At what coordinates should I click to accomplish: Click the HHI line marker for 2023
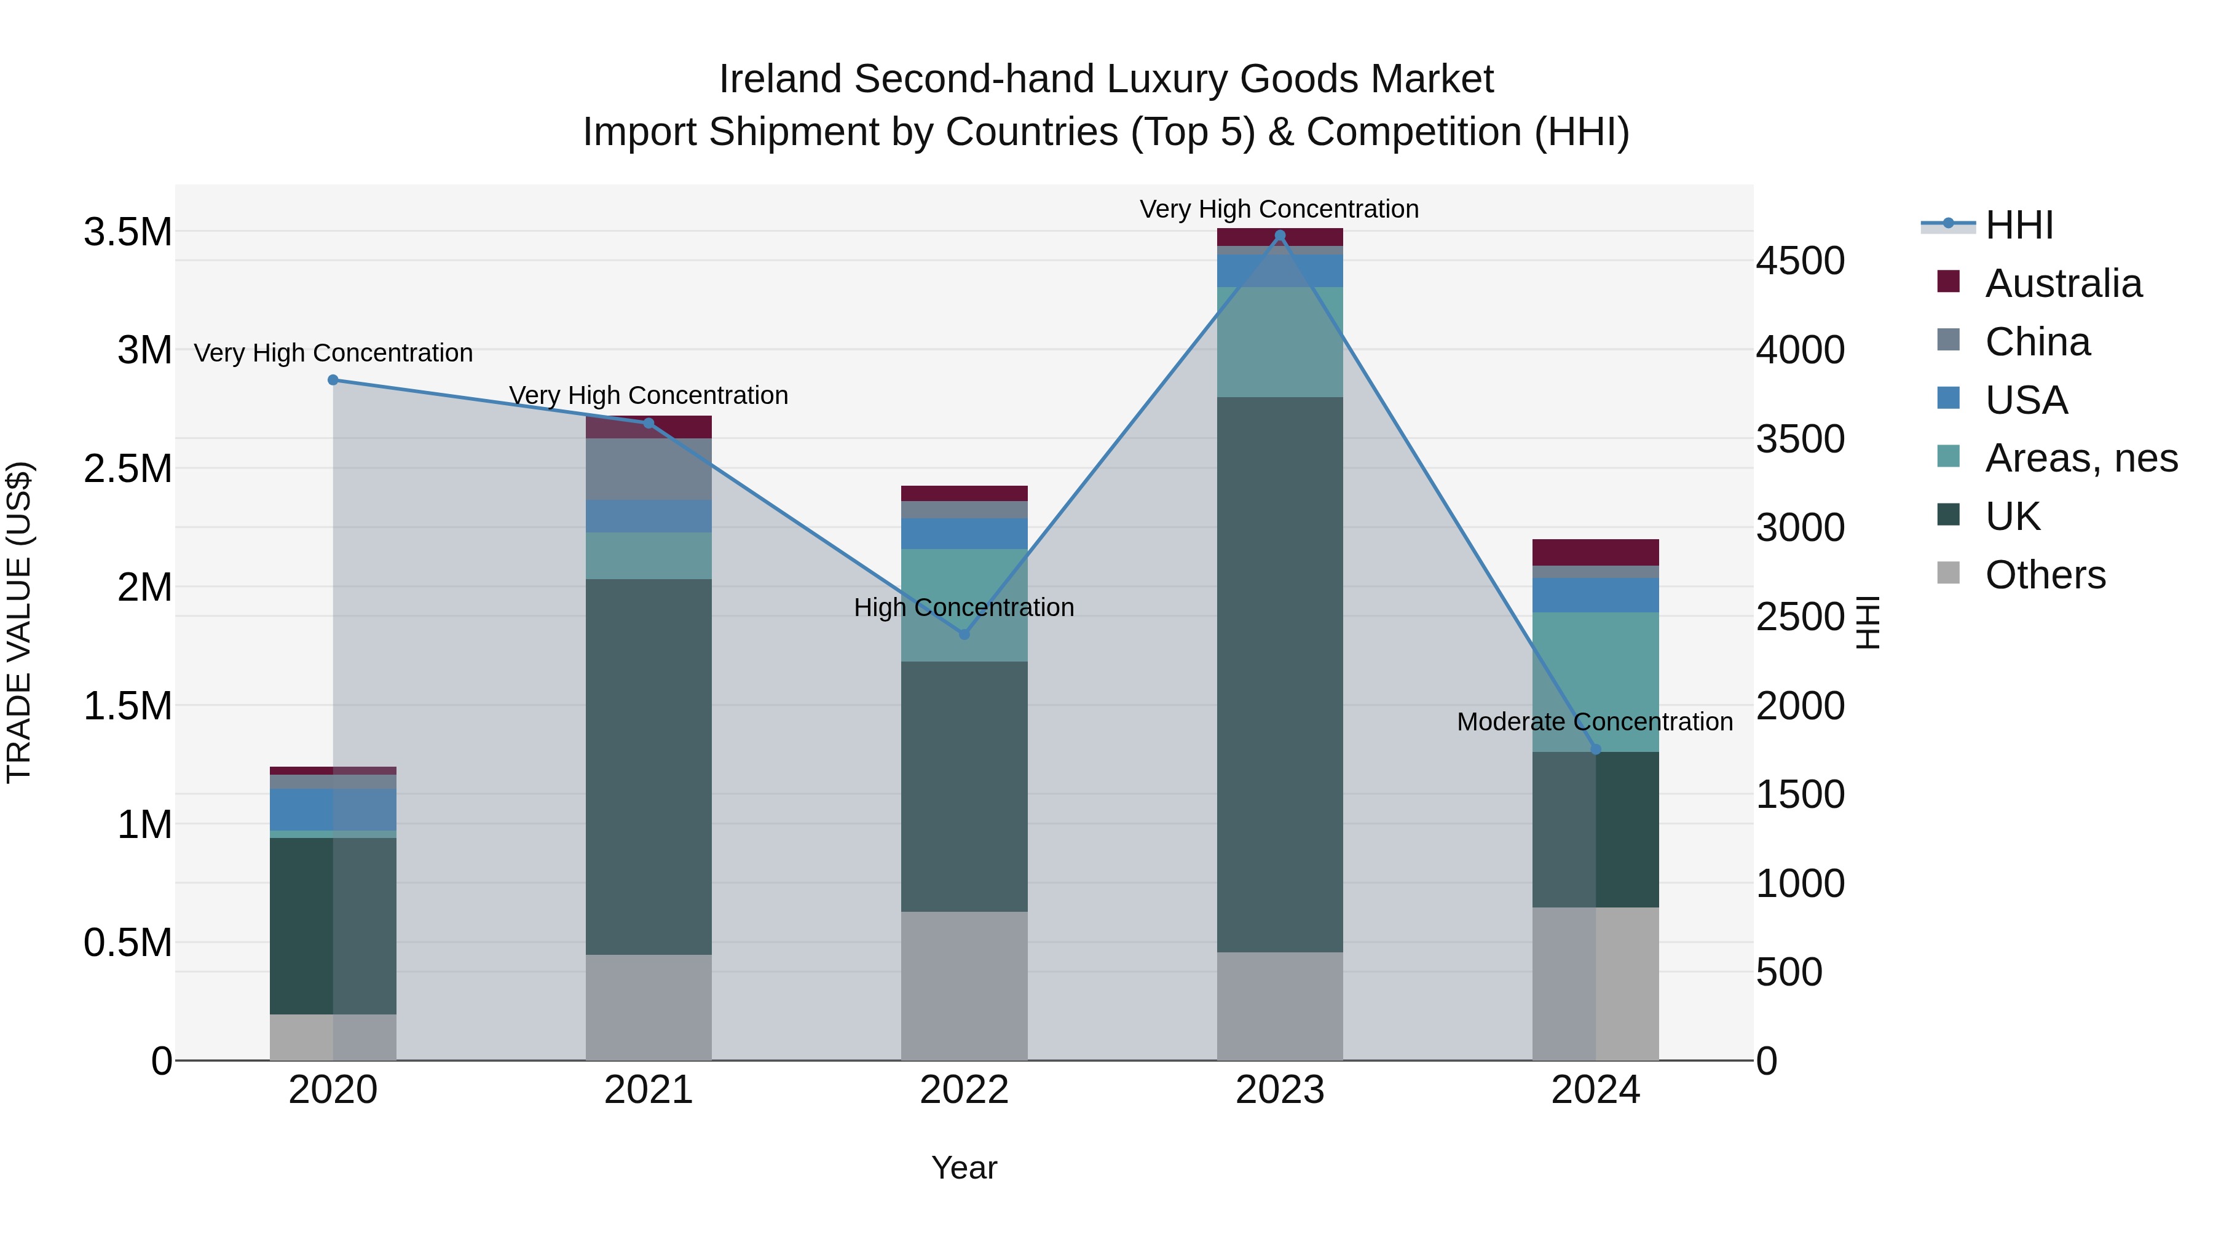coord(1279,235)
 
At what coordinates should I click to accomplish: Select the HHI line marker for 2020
coord(333,380)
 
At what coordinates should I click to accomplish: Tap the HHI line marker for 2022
coord(964,634)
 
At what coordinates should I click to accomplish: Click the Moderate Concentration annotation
coord(1595,722)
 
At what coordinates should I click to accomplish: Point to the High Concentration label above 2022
coord(964,607)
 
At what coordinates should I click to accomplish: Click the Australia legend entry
coord(2062,283)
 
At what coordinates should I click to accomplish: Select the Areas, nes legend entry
coord(2080,458)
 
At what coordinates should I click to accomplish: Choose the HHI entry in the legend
coord(2019,225)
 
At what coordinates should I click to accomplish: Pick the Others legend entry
coord(2045,575)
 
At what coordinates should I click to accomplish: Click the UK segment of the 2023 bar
coord(1279,674)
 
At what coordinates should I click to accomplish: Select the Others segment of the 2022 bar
coord(964,986)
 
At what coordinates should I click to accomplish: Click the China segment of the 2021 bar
coord(649,469)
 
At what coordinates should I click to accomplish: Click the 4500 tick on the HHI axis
coord(1800,261)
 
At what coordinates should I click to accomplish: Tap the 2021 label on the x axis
coord(649,1090)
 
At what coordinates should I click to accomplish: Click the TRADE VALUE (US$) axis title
coord(19,622)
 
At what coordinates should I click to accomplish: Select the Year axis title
coord(964,1168)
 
